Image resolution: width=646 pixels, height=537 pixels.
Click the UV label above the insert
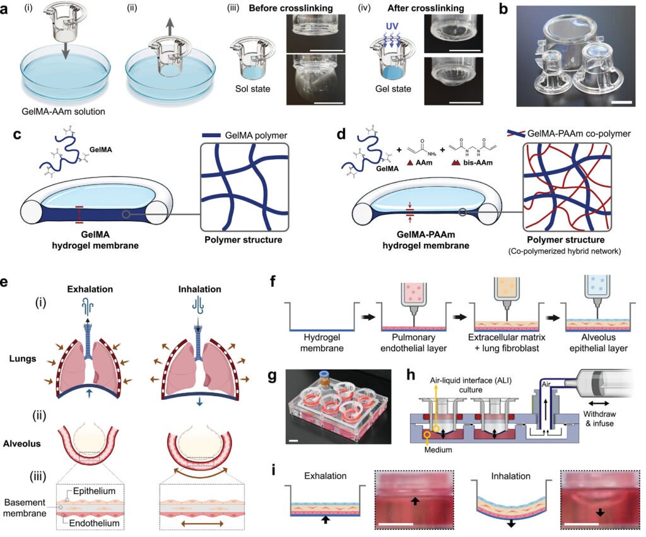(x=392, y=26)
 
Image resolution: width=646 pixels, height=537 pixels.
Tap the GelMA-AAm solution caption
(x=64, y=111)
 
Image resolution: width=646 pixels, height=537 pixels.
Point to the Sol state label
(x=252, y=88)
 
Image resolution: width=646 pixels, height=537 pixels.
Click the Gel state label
(x=393, y=88)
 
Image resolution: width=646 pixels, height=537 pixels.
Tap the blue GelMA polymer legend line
(x=211, y=135)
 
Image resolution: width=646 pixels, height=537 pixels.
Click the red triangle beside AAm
(x=410, y=162)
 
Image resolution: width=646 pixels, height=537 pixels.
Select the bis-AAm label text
(x=478, y=162)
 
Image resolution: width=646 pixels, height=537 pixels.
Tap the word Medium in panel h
(x=438, y=450)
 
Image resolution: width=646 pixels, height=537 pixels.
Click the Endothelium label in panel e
(x=94, y=523)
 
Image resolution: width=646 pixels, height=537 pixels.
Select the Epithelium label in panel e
(x=94, y=491)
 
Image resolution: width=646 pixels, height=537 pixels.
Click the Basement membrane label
(x=25, y=508)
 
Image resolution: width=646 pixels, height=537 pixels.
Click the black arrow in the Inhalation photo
(x=600, y=512)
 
